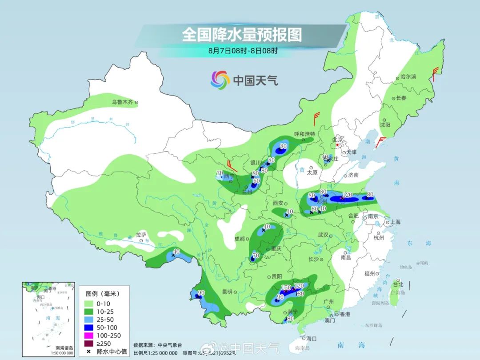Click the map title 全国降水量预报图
(x=241, y=35)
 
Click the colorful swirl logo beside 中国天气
(x=220, y=80)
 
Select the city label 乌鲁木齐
(x=122, y=102)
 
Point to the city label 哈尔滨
(x=408, y=76)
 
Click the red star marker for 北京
(x=338, y=145)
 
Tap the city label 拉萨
(x=141, y=234)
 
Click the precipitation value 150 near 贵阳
(x=286, y=288)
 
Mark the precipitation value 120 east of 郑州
(x=348, y=195)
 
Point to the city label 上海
(x=395, y=222)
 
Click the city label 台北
(x=398, y=284)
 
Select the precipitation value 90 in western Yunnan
(x=201, y=293)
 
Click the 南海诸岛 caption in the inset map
(x=64, y=348)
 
